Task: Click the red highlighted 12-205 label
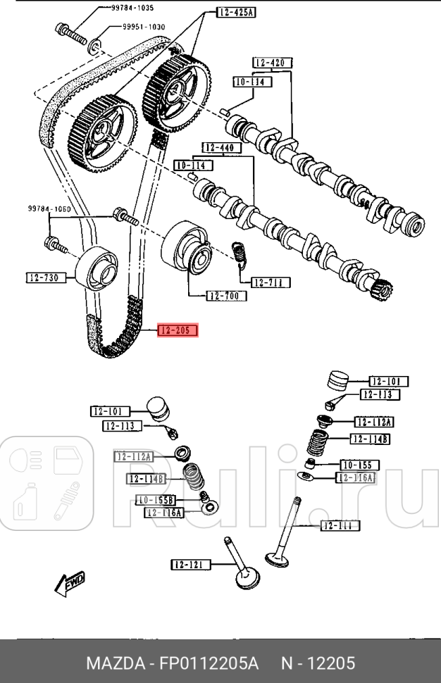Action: point(178,330)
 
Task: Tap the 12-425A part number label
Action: point(235,13)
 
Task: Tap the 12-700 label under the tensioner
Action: point(227,296)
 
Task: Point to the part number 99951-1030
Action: point(138,27)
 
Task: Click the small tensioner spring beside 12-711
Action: point(240,253)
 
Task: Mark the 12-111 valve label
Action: point(340,525)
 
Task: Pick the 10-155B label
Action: point(154,500)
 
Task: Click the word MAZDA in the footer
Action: point(111,663)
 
